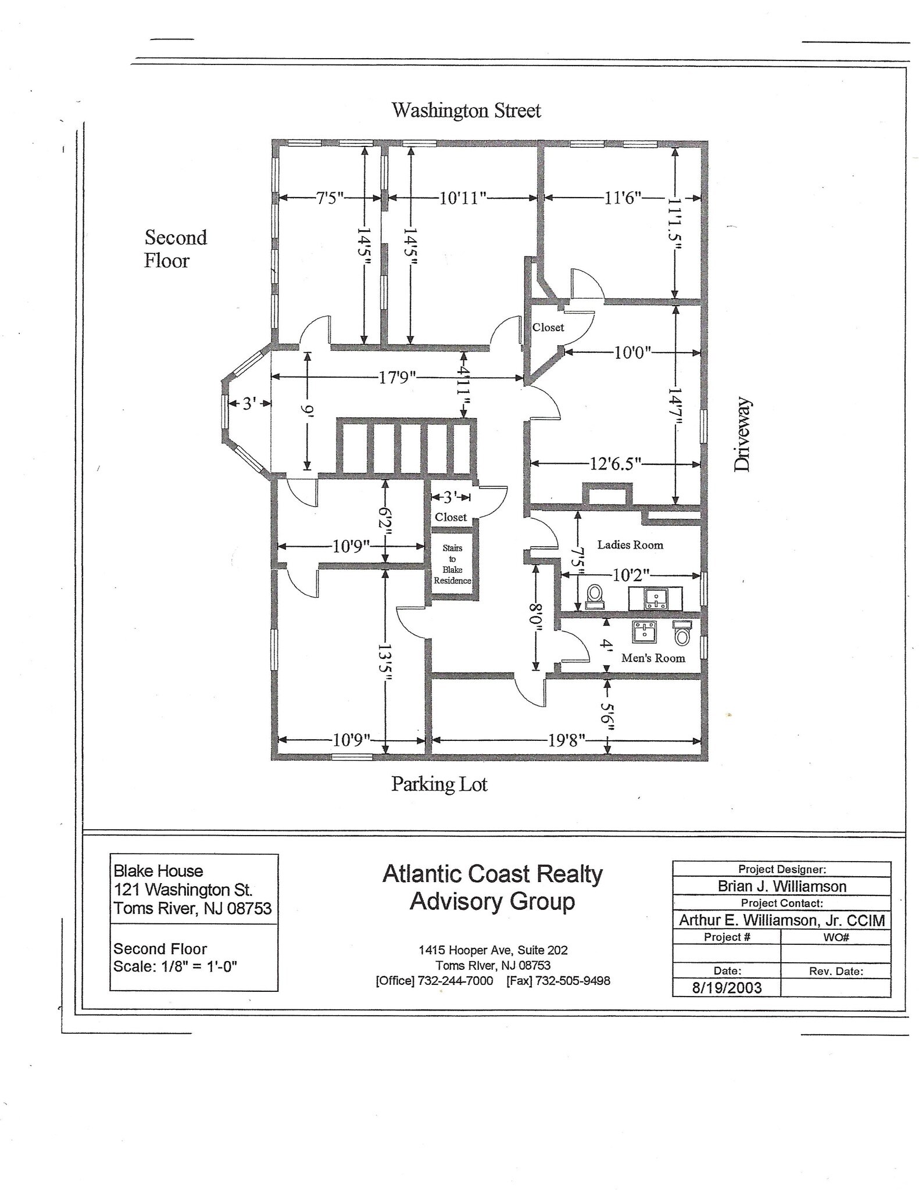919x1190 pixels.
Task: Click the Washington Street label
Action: point(466,110)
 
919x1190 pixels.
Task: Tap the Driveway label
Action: point(742,434)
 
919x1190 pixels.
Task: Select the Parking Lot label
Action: point(439,784)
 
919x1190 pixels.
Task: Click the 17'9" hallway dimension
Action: point(398,378)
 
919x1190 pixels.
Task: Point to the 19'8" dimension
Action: point(566,740)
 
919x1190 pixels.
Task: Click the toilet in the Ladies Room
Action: point(594,596)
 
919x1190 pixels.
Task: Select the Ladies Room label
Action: point(630,545)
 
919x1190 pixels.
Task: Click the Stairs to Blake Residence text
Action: point(452,564)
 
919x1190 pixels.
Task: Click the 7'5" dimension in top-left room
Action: point(330,198)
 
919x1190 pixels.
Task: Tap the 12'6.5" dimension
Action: point(615,464)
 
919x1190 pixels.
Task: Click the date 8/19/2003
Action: point(726,988)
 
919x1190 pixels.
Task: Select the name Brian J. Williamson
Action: point(781,886)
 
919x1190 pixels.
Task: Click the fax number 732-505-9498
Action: point(572,981)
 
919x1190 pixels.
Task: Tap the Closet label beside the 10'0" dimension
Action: point(548,328)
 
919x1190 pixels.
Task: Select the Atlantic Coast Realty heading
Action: point(492,874)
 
